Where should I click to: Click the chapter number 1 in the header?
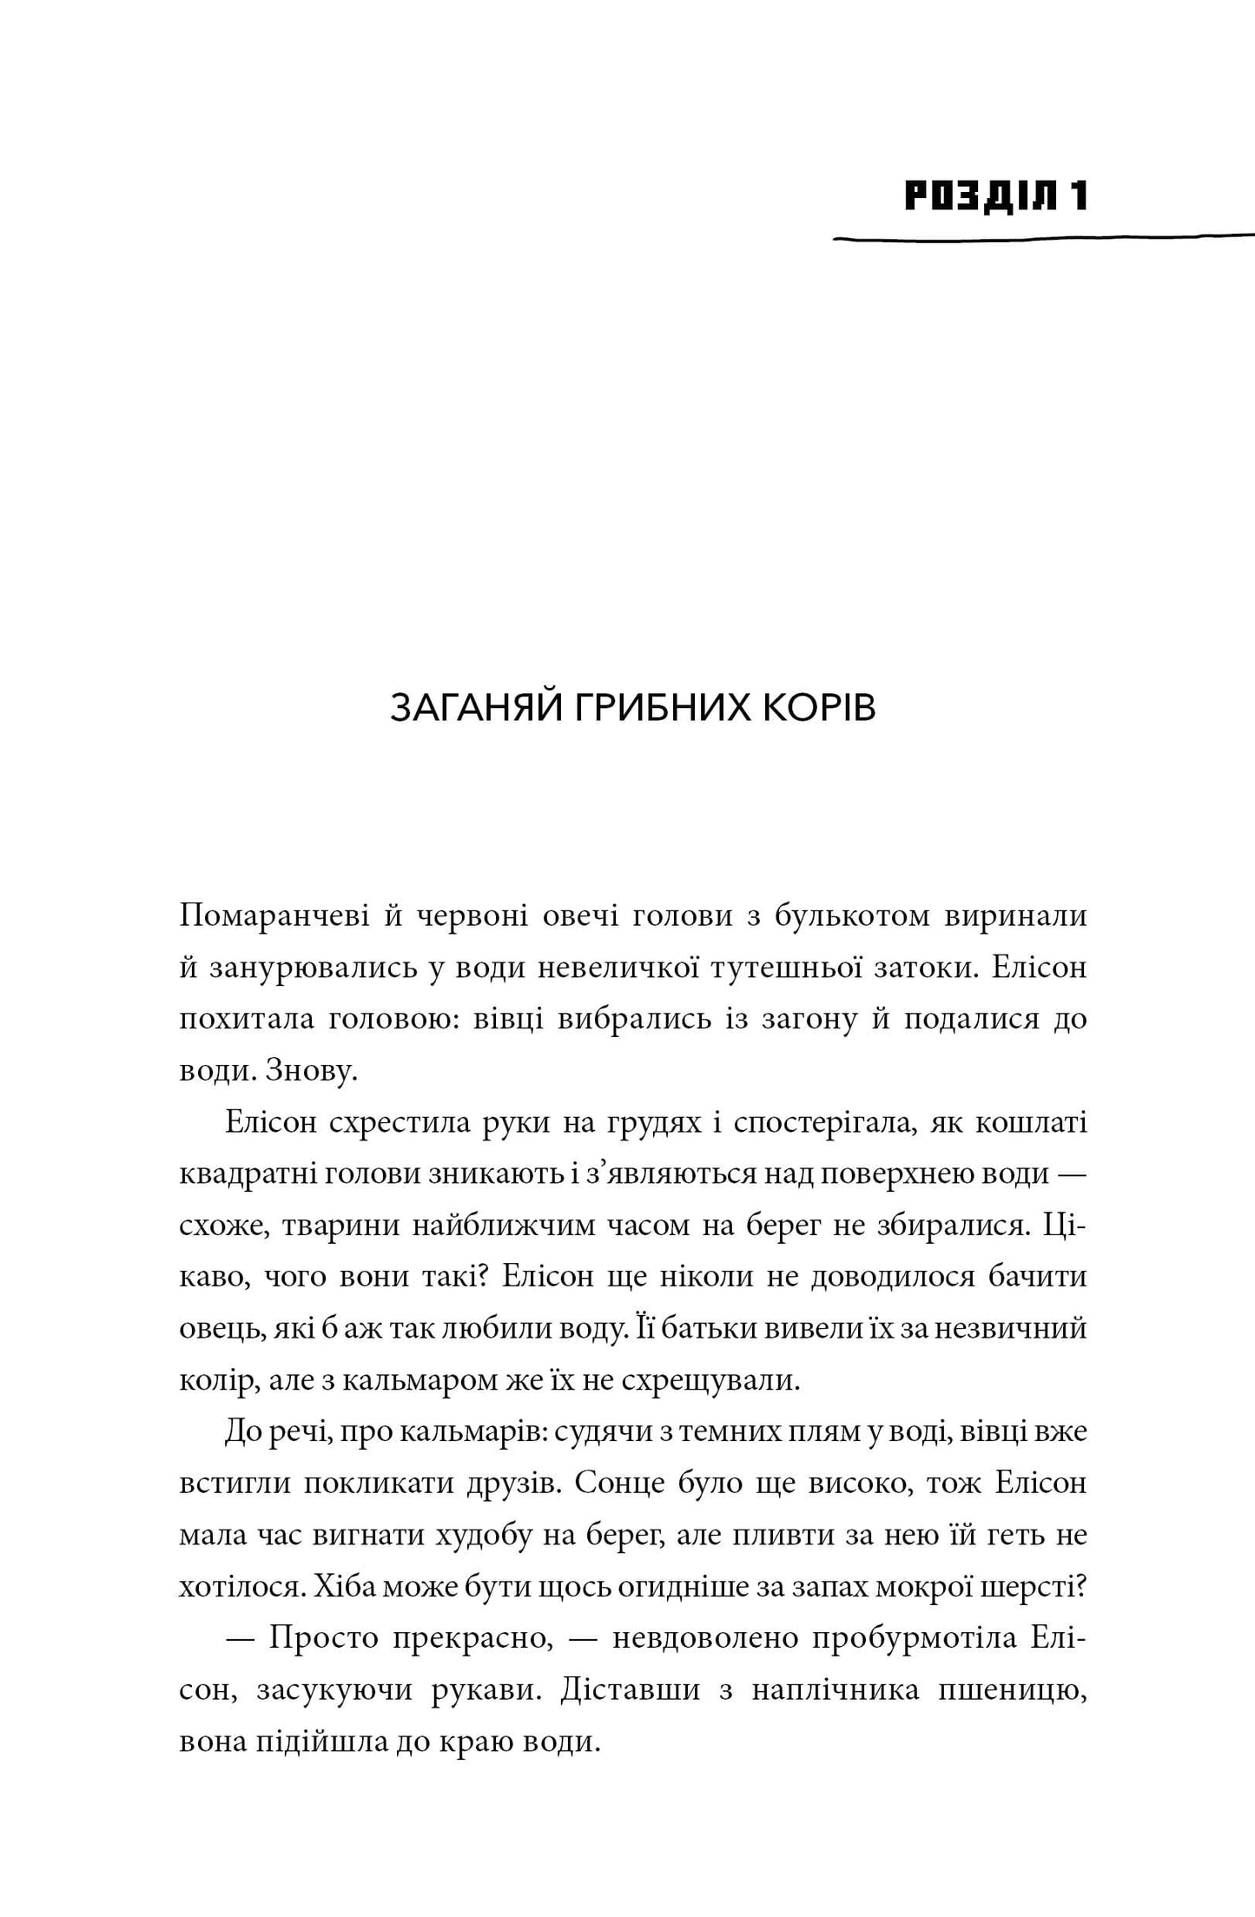tap(1078, 196)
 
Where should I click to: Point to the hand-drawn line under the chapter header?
tap(1042, 236)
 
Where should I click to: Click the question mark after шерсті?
tap(1081, 1586)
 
